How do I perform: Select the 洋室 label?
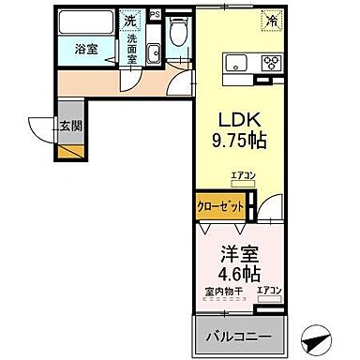(x=236, y=253)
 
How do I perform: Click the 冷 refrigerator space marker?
(x=270, y=19)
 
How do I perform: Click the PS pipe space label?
(x=155, y=14)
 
